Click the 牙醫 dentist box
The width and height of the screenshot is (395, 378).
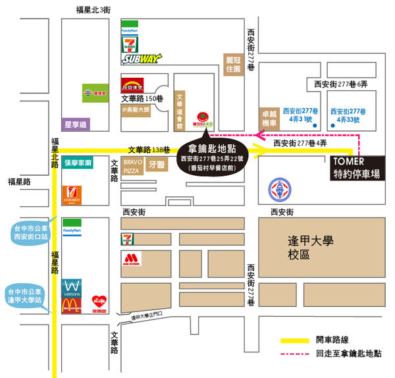[157, 165]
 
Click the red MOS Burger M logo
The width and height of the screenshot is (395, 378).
[131, 258]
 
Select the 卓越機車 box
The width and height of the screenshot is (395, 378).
[267, 119]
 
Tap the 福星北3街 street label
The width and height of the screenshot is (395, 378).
[94, 9]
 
